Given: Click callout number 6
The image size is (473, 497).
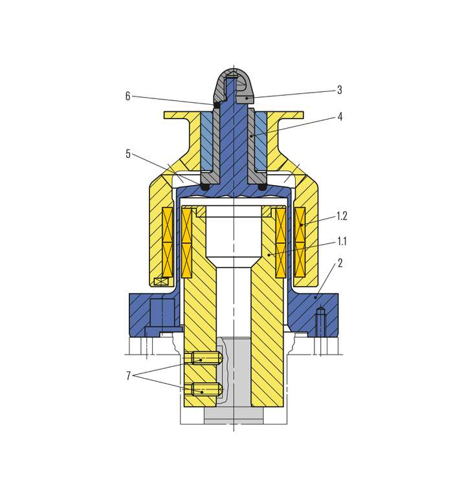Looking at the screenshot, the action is click(127, 96).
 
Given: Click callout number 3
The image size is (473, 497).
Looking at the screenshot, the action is click(340, 90).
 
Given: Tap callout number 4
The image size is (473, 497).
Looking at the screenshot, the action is click(340, 117).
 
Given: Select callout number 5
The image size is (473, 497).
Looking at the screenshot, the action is click(127, 154).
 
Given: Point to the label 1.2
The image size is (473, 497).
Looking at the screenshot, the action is click(342, 216).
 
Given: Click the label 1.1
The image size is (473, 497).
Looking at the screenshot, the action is click(342, 241).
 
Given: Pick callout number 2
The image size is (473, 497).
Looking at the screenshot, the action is click(340, 263).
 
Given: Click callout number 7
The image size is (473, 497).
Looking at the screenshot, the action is click(128, 376).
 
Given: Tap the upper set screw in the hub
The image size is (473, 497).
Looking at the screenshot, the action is click(204, 359).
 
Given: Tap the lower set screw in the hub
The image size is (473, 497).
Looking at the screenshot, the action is click(204, 390).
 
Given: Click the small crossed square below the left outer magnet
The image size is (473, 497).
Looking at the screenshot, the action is click(161, 282).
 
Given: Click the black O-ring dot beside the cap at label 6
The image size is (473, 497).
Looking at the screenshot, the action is click(217, 105).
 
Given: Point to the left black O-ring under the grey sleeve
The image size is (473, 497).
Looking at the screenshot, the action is click(205, 187).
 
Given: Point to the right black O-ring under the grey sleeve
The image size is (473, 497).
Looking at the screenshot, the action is click(261, 187).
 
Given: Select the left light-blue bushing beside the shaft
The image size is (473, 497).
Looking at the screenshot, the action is click(207, 141).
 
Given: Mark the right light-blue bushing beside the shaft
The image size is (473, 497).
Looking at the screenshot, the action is click(261, 141).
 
